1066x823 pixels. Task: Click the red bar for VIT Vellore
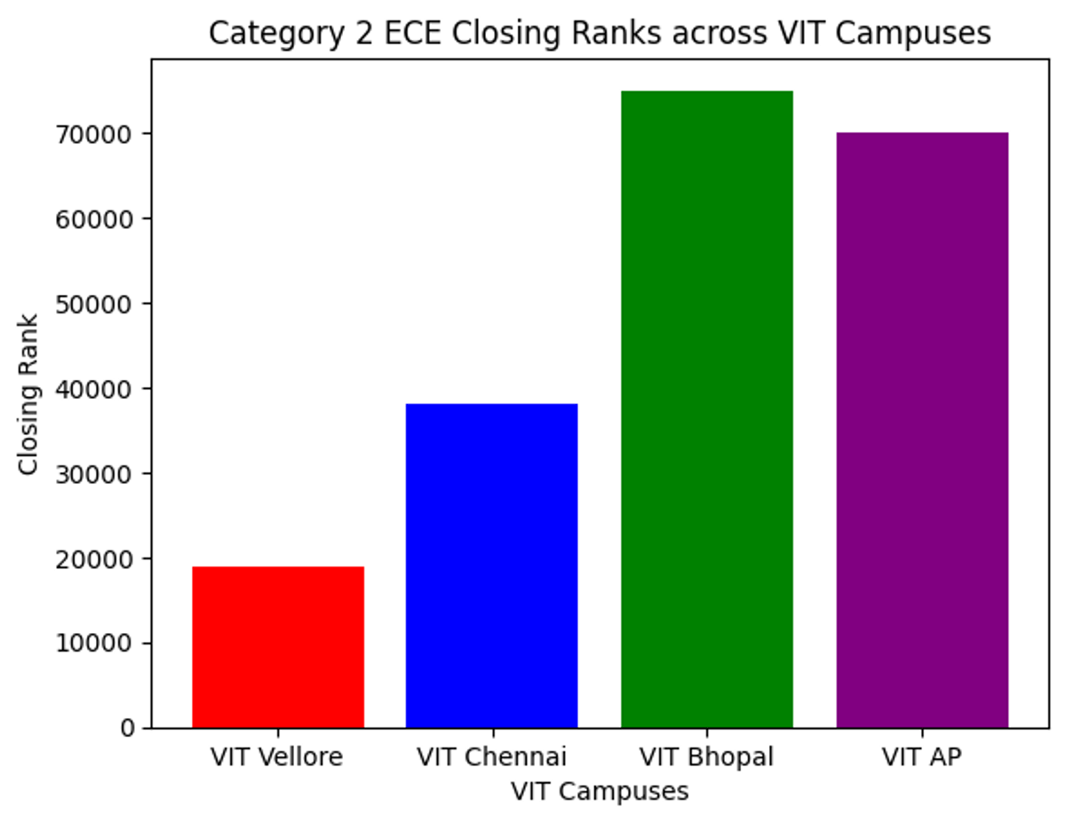coord(278,647)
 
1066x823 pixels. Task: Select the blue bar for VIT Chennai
coord(491,566)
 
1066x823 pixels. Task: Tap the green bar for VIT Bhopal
coord(707,409)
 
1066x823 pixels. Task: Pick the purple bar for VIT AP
coord(922,431)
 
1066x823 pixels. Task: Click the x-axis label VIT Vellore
coord(277,757)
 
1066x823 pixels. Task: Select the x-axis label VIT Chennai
coord(491,757)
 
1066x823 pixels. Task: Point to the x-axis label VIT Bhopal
coord(707,757)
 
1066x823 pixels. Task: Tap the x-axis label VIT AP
coord(922,757)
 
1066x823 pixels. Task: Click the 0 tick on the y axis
coord(129,729)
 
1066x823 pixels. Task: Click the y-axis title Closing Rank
coord(28,393)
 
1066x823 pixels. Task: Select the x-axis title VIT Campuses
coord(600,791)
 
